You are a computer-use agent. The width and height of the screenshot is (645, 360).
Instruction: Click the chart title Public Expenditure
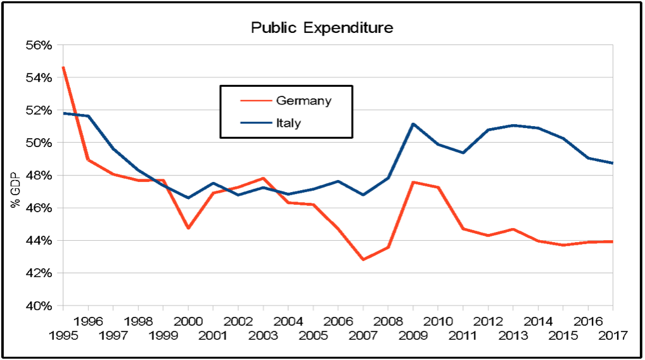(x=322, y=28)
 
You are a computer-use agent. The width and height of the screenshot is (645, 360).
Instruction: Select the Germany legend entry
(x=303, y=101)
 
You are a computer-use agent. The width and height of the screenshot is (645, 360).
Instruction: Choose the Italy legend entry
(x=288, y=123)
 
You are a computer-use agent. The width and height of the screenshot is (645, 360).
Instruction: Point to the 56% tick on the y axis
(x=38, y=45)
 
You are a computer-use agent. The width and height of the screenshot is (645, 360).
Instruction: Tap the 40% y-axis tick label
(x=38, y=306)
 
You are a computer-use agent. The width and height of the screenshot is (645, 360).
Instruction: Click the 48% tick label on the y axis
(x=38, y=176)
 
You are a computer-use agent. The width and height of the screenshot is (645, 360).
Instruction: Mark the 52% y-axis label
(x=38, y=110)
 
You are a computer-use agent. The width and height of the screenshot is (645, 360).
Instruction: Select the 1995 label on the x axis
(x=63, y=333)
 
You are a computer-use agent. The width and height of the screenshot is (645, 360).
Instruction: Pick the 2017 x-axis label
(x=612, y=333)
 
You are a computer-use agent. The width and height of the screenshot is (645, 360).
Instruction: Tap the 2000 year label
(x=188, y=321)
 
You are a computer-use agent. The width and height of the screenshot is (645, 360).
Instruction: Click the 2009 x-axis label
(x=412, y=333)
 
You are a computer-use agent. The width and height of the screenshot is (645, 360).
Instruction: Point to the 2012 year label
(x=487, y=321)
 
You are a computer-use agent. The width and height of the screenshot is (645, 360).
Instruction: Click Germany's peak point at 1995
(x=63, y=67)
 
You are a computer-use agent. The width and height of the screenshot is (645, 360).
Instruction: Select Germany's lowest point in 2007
(x=363, y=260)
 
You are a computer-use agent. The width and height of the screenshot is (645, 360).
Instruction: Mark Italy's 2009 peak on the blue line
(x=413, y=124)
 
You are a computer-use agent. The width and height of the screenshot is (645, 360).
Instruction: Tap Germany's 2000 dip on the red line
(x=188, y=228)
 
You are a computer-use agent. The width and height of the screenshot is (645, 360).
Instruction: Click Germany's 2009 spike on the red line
(x=413, y=182)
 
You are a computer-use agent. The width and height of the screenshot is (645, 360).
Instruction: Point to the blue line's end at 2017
(x=612, y=163)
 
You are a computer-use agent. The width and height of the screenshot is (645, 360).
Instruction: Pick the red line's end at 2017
(x=612, y=241)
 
